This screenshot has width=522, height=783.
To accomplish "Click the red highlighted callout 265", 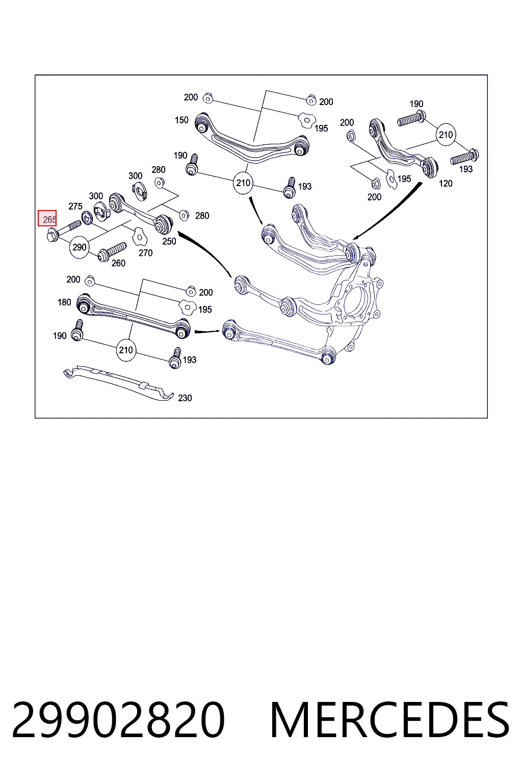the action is click(x=47, y=218).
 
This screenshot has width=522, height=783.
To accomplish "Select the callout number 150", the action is click(x=181, y=120).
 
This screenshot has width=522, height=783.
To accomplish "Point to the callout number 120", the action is click(x=446, y=183).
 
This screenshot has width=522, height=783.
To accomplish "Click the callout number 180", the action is click(x=64, y=302).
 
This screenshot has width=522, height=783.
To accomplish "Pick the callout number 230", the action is click(x=185, y=398).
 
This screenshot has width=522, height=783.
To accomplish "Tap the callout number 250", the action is click(x=169, y=241).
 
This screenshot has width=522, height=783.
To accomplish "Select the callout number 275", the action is click(x=75, y=206).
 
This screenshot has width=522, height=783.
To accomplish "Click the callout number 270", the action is click(x=145, y=253).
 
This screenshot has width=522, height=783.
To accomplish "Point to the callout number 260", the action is click(x=118, y=263).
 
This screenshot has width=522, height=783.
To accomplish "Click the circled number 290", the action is click(x=80, y=247).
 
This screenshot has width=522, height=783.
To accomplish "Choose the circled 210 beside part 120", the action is click(x=446, y=135).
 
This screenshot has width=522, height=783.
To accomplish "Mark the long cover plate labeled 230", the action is click(x=119, y=382).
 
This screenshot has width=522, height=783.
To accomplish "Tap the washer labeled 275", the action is click(x=87, y=218).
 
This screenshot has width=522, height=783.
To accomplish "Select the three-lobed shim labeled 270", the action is click(x=140, y=237).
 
